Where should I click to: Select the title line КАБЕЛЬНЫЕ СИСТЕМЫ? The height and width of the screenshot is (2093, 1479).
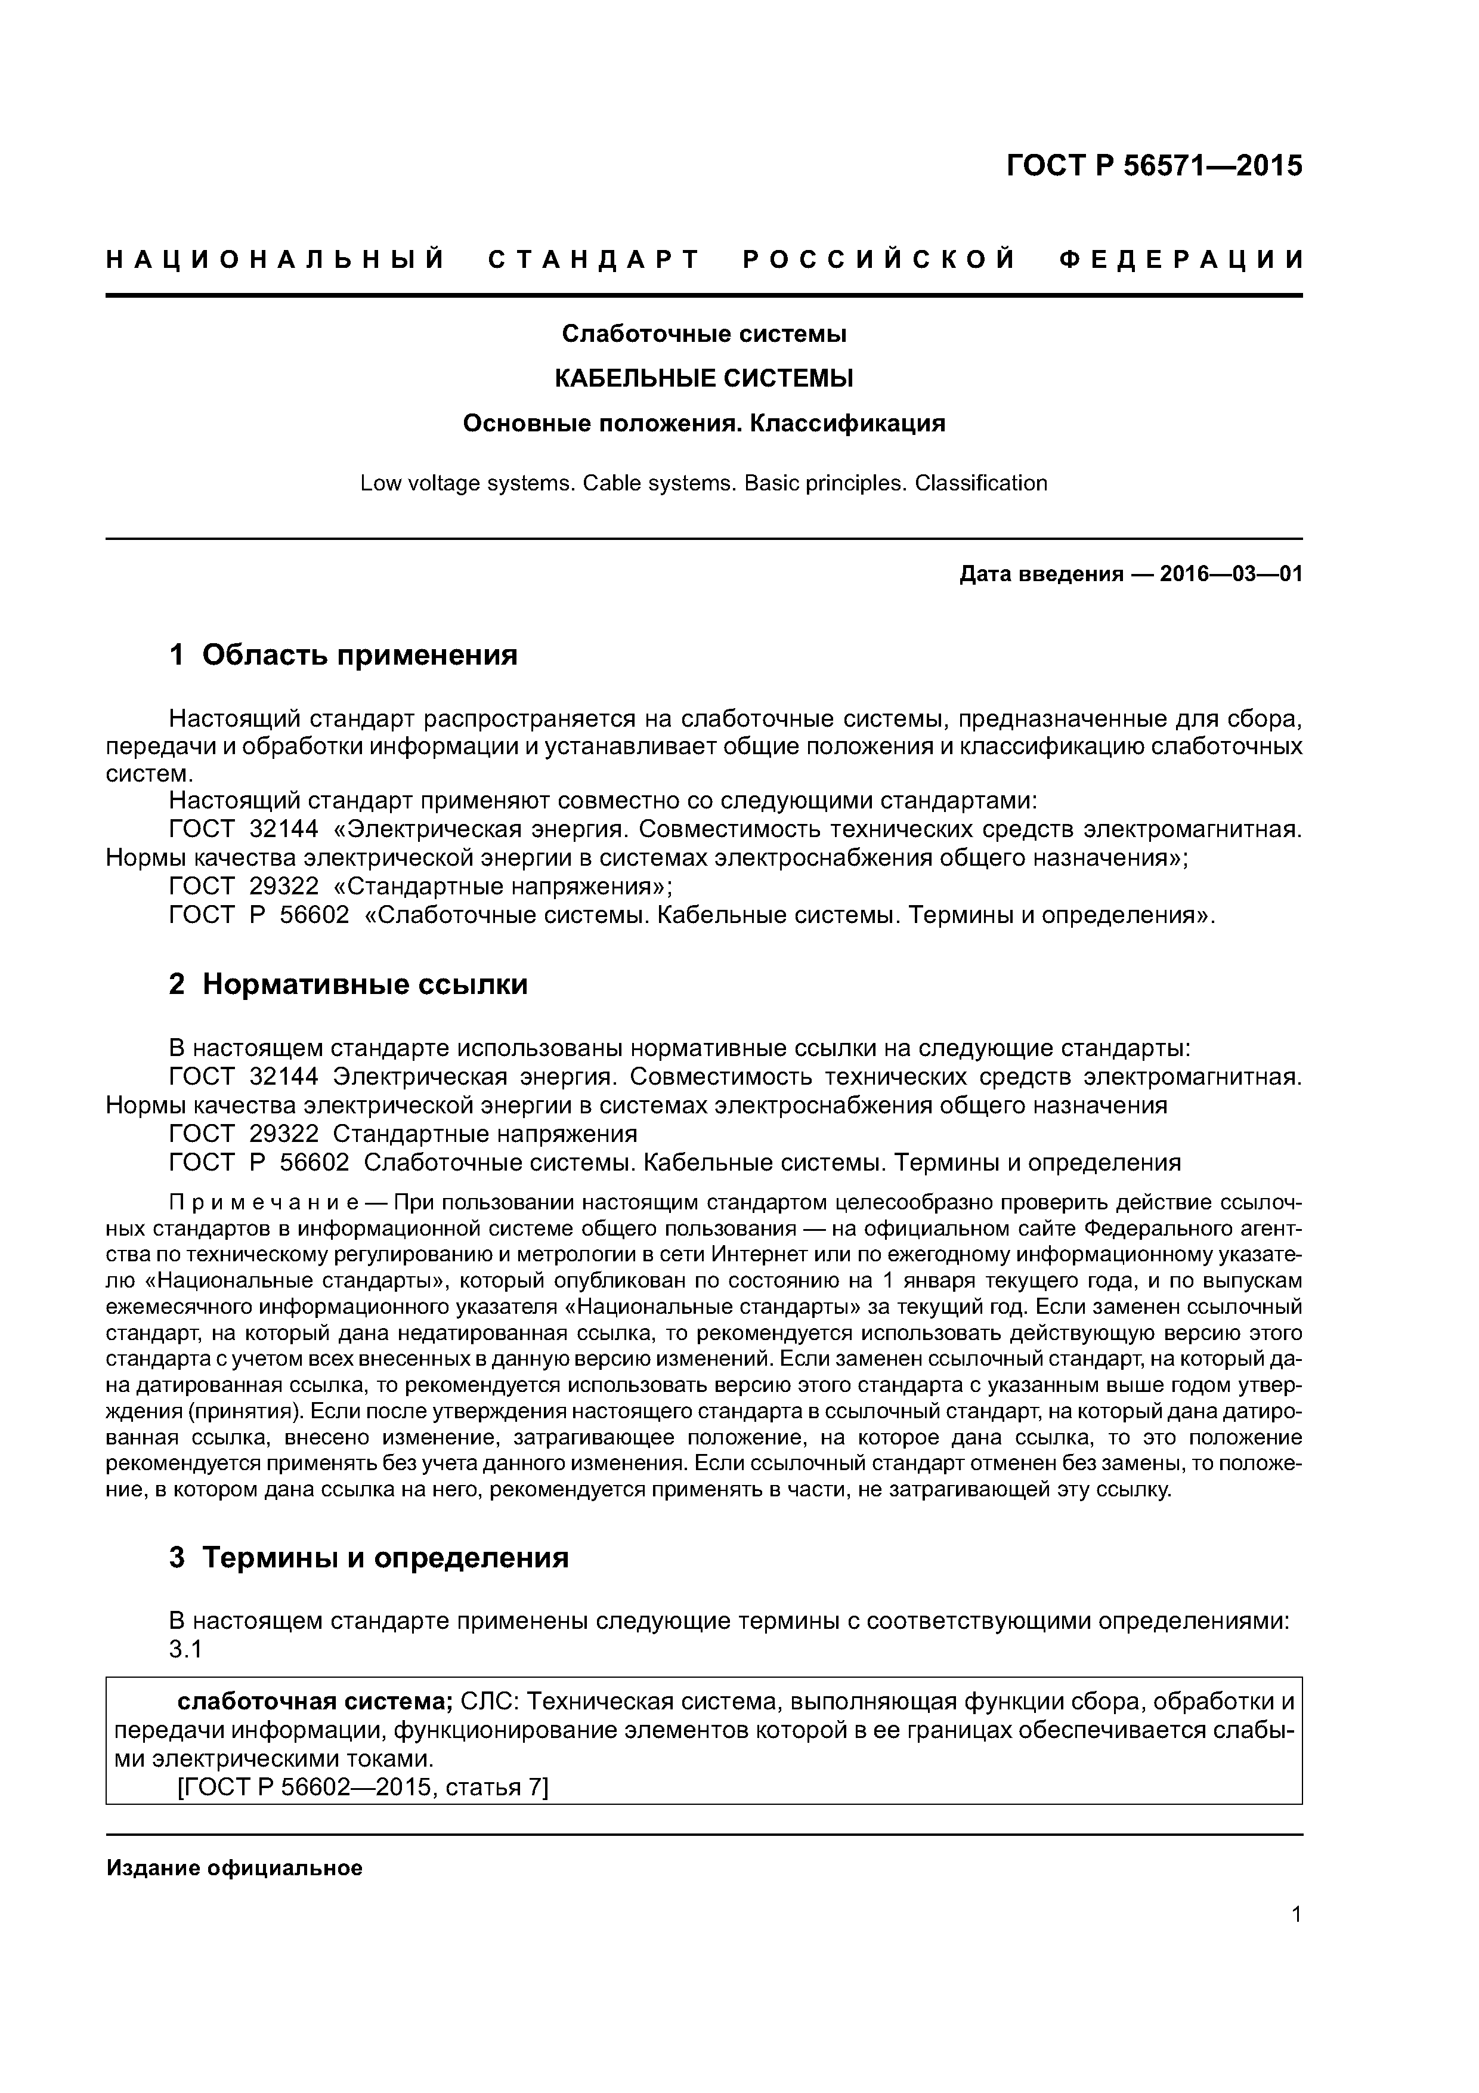(704, 378)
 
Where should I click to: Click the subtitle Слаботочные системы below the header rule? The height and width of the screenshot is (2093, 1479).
(704, 335)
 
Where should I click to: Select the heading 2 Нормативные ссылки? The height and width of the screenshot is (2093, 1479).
(348, 984)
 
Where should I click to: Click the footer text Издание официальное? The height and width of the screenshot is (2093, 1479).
(234, 1869)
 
